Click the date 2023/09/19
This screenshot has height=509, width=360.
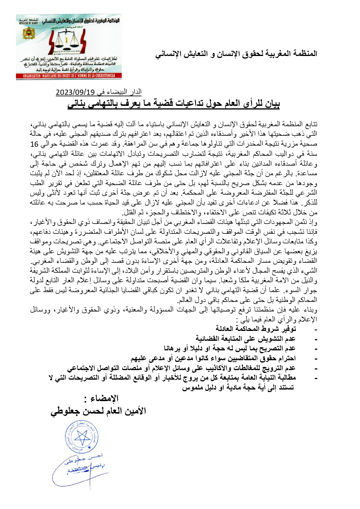[75, 93]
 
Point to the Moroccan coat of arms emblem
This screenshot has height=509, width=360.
[27, 33]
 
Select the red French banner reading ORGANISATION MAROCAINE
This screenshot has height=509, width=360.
[69, 76]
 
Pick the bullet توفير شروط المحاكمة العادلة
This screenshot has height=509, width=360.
[256, 329]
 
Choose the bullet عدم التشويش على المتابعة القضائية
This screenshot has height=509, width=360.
[245, 338]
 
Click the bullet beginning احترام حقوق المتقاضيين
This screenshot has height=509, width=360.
[213, 358]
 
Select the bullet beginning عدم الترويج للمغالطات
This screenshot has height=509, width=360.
[181, 368]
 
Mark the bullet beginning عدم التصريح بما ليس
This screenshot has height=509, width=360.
[229, 348]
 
